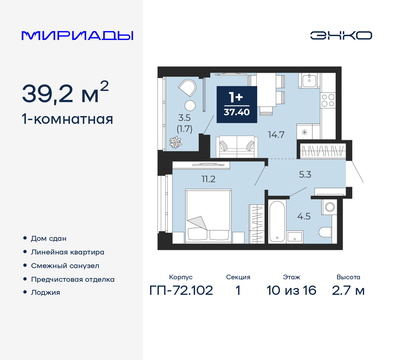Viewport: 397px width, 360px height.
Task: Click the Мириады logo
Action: (x=78, y=35)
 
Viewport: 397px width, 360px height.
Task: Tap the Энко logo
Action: (x=341, y=35)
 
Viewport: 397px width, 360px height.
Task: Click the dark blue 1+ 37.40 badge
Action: (x=237, y=104)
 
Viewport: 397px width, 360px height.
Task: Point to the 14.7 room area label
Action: (x=276, y=135)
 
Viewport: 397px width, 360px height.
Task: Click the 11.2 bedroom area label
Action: (x=208, y=179)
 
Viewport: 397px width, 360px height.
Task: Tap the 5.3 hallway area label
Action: (x=305, y=174)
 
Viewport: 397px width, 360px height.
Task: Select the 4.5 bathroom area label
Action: (x=304, y=216)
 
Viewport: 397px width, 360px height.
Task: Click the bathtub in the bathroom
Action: (x=277, y=221)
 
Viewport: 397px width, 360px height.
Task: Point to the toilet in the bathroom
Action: (x=325, y=232)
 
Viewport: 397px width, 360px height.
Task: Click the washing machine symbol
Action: (x=329, y=207)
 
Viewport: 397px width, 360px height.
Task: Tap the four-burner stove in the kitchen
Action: (x=328, y=100)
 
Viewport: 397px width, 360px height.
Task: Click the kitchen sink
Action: (x=309, y=80)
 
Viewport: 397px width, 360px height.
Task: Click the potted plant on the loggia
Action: (x=175, y=142)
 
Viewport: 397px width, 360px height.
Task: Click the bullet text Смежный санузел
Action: (x=65, y=266)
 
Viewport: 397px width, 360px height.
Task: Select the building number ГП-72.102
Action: (x=181, y=290)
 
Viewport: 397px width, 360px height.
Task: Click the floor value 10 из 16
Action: (x=291, y=290)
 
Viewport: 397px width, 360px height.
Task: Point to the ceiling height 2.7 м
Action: (x=348, y=290)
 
